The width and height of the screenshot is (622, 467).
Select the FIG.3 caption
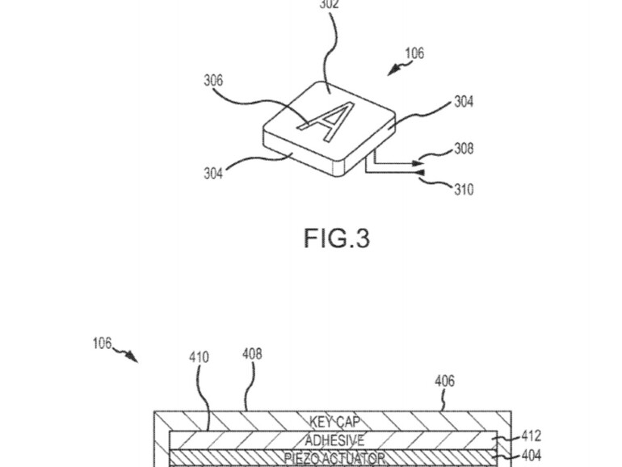(337, 238)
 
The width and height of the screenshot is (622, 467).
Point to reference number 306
(213, 80)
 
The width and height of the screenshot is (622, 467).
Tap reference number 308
(464, 149)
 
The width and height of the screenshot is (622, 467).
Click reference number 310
(464, 191)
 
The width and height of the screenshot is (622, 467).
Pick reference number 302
(329, 4)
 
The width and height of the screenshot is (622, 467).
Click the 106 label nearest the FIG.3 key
(414, 54)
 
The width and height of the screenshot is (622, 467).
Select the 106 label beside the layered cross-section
(102, 343)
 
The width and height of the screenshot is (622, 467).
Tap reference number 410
(199, 356)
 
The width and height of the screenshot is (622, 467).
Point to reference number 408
(252, 354)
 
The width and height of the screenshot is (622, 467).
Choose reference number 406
(444, 381)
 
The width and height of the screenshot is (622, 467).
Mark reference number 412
(532, 436)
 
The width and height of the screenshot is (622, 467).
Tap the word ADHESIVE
(334, 440)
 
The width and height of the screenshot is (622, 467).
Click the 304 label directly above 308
(464, 102)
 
